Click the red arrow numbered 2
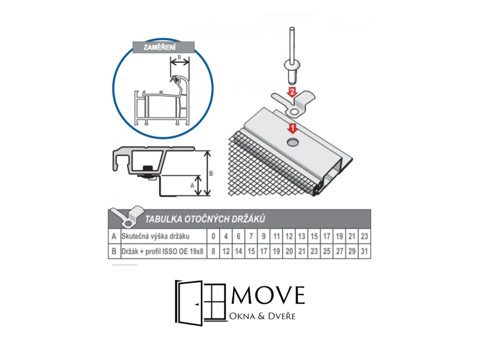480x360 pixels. coord(292,91)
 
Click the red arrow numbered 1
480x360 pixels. coord(292,127)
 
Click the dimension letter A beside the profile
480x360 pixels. coord(192,186)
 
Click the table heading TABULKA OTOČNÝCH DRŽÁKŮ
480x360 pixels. coord(205,219)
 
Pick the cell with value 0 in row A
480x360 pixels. coord(213,236)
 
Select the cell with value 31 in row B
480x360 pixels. coord(364,251)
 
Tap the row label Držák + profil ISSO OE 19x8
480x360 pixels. coord(162,251)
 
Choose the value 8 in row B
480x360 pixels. coord(213,251)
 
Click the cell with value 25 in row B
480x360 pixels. coord(326,251)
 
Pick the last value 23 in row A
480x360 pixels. coord(364,236)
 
